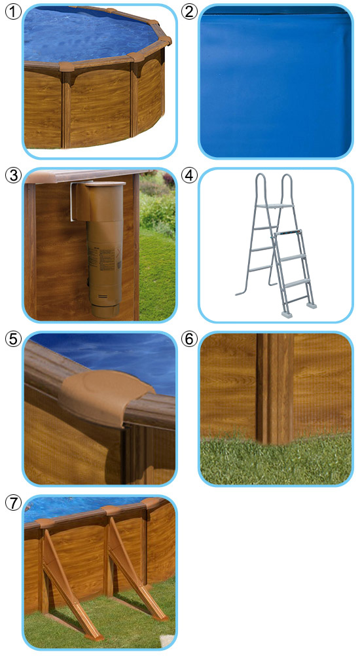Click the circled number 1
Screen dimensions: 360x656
(x=13, y=12)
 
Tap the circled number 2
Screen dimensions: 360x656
(x=189, y=12)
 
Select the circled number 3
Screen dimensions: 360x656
(x=13, y=175)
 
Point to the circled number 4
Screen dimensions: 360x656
(x=189, y=175)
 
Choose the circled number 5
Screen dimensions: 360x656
(x=13, y=339)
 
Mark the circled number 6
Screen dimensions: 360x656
(x=189, y=339)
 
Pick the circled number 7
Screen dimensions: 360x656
(x=13, y=502)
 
